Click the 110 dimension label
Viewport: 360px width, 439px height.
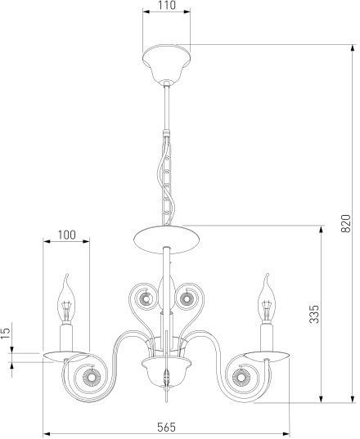(x=166, y=5)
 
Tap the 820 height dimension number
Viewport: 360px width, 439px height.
(x=345, y=223)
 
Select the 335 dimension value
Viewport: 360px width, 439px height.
(x=314, y=314)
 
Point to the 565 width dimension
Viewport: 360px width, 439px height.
(x=166, y=427)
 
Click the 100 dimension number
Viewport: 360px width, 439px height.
(x=66, y=235)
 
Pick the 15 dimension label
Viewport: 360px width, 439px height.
(x=6, y=334)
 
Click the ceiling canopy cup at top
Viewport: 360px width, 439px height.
(x=166, y=62)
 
